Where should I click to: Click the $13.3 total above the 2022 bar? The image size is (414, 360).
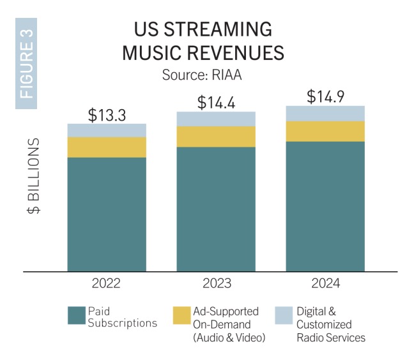(107, 115)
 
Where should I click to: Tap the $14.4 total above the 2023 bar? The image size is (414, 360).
(216, 102)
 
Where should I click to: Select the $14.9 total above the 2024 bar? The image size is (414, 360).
(325, 96)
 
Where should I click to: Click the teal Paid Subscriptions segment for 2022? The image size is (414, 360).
(107, 214)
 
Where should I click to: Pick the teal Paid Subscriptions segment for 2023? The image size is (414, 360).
(216, 209)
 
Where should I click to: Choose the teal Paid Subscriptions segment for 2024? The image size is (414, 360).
(325, 206)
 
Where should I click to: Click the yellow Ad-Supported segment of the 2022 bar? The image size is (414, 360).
(107, 147)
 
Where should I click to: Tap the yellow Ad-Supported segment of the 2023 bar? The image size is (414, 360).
(216, 137)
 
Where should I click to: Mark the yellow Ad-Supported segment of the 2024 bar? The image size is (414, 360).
(325, 131)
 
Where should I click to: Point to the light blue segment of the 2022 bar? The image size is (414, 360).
(107, 130)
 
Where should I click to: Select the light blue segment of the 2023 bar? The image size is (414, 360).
(216, 119)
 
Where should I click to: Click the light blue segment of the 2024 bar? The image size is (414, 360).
(325, 113)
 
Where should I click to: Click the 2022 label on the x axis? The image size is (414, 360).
(107, 283)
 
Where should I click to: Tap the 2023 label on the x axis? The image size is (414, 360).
(216, 283)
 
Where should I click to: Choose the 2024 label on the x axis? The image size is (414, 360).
(325, 283)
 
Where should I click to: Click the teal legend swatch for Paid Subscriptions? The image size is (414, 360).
(76, 315)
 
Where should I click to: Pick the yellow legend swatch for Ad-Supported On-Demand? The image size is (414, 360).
(181, 315)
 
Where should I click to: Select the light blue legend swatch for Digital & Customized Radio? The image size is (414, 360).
(283, 315)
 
